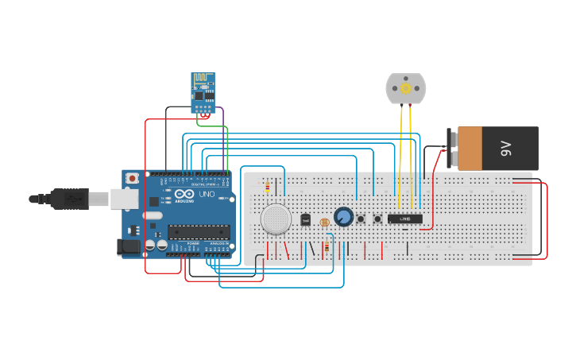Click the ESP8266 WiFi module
point(203,91)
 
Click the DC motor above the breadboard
point(405,88)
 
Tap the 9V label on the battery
point(505,149)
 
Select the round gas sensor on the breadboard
point(276,219)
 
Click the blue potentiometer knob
point(343,216)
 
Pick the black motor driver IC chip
point(404,219)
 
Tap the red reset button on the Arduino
point(133,178)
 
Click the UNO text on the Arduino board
point(207,195)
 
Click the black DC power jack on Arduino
point(128,247)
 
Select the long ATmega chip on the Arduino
point(198,232)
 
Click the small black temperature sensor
point(305,220)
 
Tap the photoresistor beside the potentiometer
point(324,223)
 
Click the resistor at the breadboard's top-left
point(267,188)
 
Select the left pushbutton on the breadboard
point(361,219)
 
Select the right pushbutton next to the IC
point(377,219)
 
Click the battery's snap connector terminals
point(452,149)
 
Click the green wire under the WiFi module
point(208,125)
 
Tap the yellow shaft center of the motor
point(405,88)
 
